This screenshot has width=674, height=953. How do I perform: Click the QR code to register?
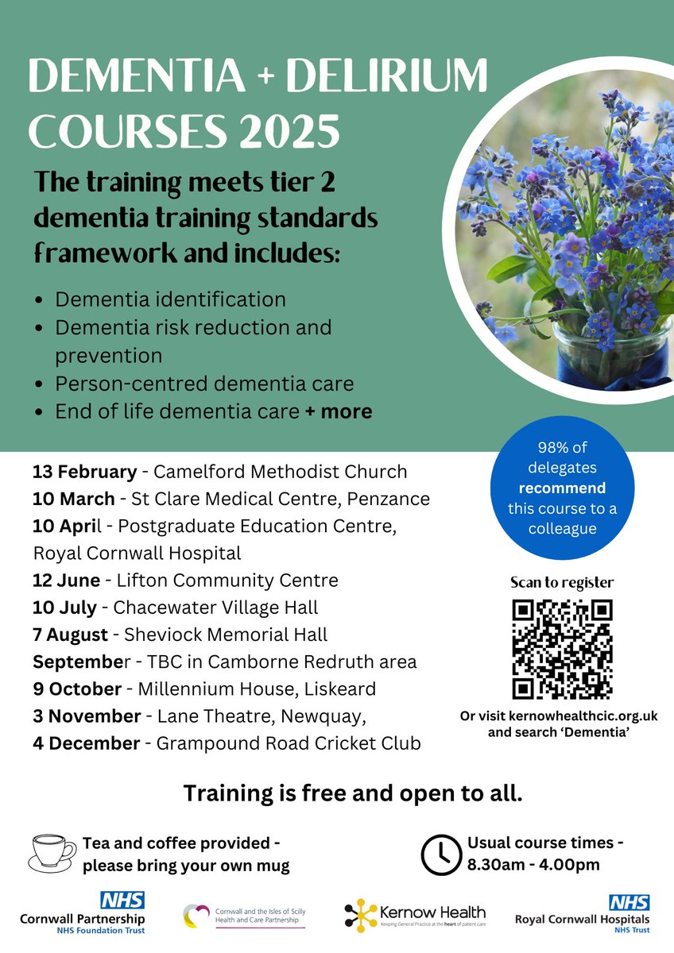(x=562, y=650)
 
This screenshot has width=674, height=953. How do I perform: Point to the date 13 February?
(x=84, y=472)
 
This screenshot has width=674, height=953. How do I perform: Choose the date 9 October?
(x=77, y=689)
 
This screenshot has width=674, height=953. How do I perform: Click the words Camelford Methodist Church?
(x=280, y=472)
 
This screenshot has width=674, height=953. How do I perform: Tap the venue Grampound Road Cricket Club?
(x=289, y=743)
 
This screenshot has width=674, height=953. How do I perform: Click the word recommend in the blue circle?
(x=562, y=488)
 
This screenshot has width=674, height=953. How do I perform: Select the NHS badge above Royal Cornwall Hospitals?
(x=629, y=902)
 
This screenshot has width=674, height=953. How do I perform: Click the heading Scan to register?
(x=562, y=582)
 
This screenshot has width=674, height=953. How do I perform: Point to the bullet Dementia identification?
(x=170, y=299)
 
